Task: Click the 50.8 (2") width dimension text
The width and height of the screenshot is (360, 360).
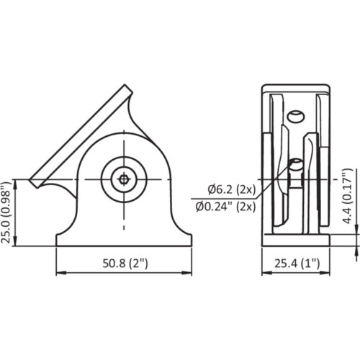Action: click(125, 264)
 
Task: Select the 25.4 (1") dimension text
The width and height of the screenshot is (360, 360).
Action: click(297, 264)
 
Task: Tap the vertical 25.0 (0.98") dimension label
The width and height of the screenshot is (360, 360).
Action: click(6, 212)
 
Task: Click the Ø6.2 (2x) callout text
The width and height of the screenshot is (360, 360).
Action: click(232, 190)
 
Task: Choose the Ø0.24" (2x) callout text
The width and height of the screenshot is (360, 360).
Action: click(225, 207)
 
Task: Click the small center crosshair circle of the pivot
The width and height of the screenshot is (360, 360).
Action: click(124, 179)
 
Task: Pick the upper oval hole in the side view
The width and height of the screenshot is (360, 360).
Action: click(297, 117)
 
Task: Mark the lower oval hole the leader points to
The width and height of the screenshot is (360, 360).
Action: click(297, 164)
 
